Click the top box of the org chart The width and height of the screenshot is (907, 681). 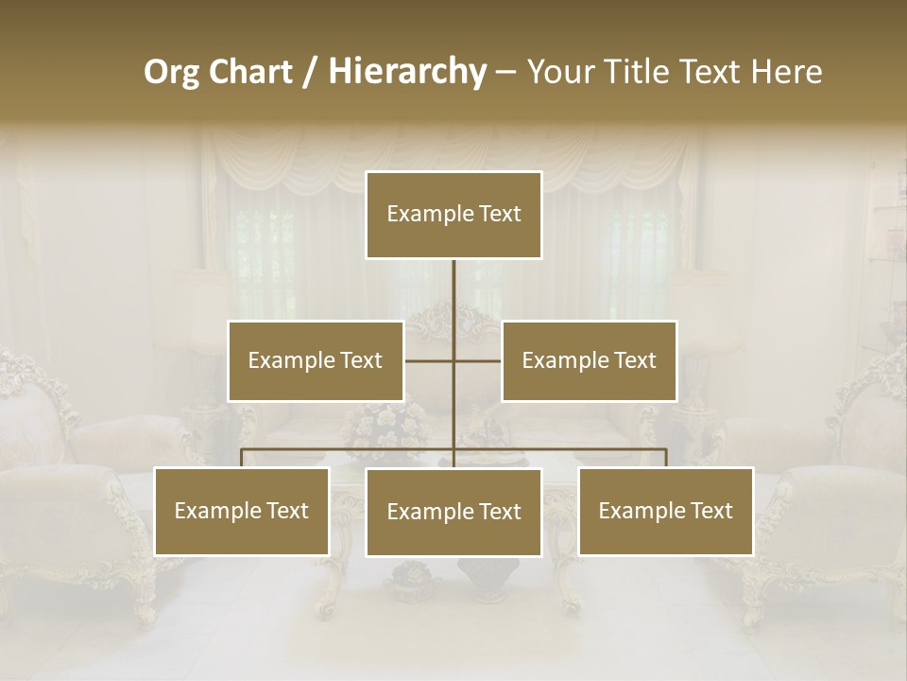point(453,215)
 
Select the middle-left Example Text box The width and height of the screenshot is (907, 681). point(315,360)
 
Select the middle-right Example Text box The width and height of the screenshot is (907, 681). point(589,360)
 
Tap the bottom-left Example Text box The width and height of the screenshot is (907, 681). point(241,511)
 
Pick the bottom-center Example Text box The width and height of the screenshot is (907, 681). point(453,512)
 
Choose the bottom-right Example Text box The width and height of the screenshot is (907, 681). point(665,511)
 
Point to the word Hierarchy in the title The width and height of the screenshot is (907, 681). point(407,72)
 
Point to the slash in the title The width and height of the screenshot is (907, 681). point(310,72)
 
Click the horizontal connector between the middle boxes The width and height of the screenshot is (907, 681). point(430,360)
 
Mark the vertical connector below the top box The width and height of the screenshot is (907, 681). point(453,288)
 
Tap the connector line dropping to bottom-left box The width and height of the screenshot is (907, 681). point(242,458)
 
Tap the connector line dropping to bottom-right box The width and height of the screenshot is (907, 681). point(666,458)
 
